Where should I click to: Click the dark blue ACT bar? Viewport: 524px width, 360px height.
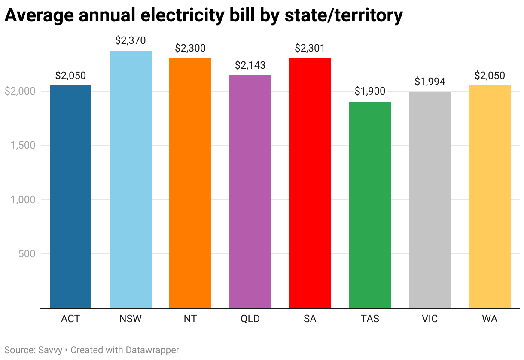[70, 197]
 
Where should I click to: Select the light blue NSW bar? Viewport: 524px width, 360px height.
[131, 180]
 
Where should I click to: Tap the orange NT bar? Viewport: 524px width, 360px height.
[190, 183]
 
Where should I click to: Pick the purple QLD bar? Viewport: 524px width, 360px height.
[250, 192]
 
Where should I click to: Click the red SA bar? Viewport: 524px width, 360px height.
[310, 183]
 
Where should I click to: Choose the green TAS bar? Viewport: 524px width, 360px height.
[370, 205]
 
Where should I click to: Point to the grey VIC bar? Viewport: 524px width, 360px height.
[430, 200]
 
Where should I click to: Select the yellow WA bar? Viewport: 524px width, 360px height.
[490, 197]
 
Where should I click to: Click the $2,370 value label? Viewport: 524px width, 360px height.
[131, 41]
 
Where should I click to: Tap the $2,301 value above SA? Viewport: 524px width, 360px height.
[310, 48]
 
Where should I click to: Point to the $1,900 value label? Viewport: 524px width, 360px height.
[370, 92]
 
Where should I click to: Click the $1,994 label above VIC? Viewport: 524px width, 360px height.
[430, 82]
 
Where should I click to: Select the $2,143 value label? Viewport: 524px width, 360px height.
[250, 65]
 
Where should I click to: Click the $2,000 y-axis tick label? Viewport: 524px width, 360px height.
[20, 91]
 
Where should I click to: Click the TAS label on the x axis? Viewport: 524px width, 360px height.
[370, 319]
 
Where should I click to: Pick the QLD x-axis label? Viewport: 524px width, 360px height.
[250, 319]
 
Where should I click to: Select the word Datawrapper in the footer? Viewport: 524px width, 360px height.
[152, 350]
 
